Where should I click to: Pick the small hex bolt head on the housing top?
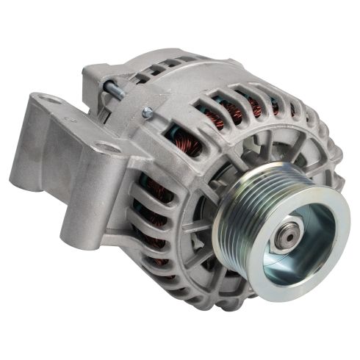click(147, 112)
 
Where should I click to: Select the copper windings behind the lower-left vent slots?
click(151, 220)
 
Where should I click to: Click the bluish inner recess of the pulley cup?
click(309, 220)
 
